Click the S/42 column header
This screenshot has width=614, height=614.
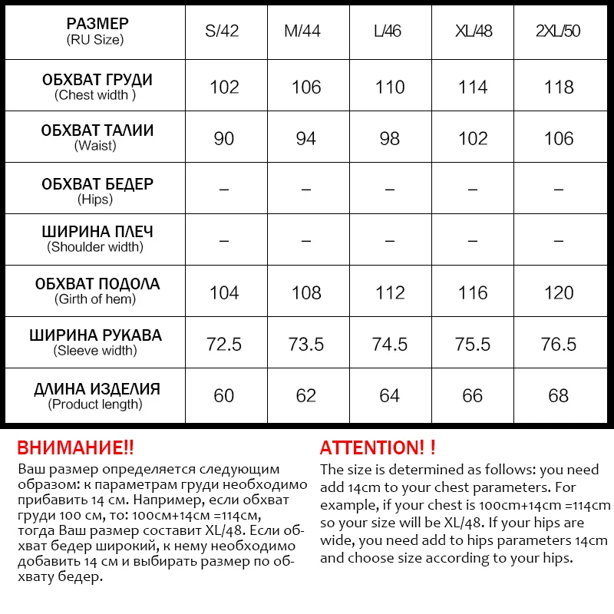pos(223,31)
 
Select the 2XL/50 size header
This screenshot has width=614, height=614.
pos(558,31)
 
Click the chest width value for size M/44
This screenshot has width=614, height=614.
pos(306,87)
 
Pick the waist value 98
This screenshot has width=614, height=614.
pos(390,138)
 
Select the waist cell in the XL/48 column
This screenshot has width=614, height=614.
pos(473,138)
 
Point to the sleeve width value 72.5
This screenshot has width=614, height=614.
pos(223,344)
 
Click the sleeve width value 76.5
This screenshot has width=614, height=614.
pos(558,344)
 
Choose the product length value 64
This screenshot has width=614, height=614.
pos(390,395)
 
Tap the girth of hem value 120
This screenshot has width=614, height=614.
pos(558,292)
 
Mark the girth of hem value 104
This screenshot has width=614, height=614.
pos(223,292)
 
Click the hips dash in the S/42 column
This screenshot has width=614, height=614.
pos(223,189)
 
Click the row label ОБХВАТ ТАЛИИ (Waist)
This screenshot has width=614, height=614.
pos(96,137)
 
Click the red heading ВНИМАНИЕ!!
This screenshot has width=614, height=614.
pos(74,447)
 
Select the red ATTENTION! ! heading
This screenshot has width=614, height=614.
pos(378,447)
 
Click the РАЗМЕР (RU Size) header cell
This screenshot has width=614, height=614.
pos(96,31)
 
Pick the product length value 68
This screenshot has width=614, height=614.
pos(558,395)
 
